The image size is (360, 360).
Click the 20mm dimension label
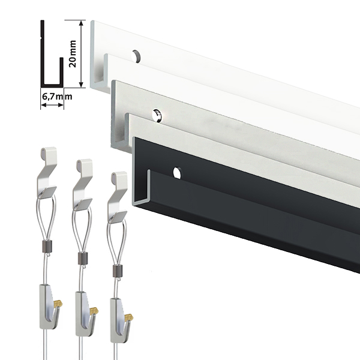tap(73, 54)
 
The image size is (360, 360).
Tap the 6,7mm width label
tap(57, 97)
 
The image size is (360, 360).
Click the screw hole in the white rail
tap(136, 56)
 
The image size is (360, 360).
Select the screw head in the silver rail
tap(157, 115)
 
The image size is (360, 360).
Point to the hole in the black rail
tap(177, 173)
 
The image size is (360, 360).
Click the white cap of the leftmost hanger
tap(49, 154)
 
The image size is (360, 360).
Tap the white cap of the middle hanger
tap(84, 166)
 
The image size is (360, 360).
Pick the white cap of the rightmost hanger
tap(119, 178)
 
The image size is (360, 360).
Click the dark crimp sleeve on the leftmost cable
tap(48, 245)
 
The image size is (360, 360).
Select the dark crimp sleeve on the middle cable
tap(83, 258)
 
